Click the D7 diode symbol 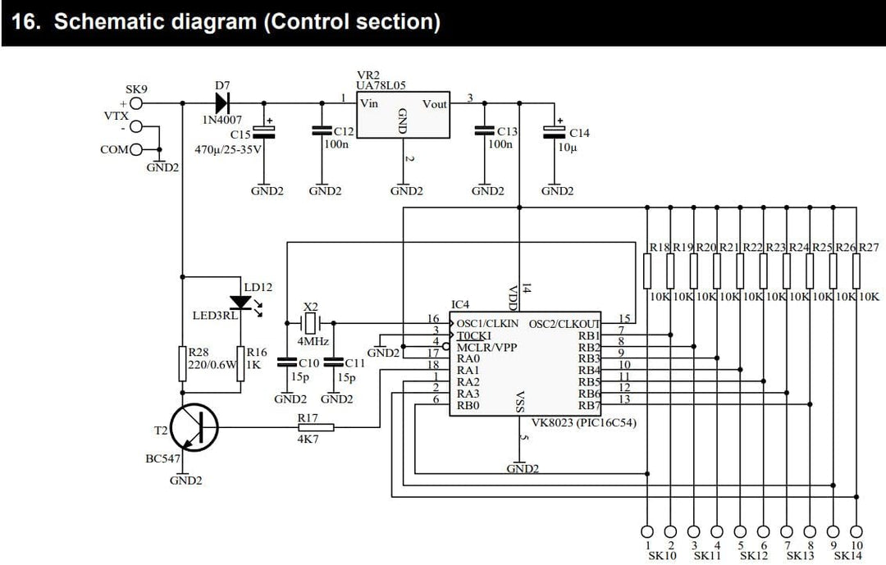tap(222, 103)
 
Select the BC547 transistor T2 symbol tap(194, 427)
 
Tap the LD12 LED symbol tap(241, 303)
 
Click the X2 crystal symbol tap(309, 323)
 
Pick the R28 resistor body tap(182, 364)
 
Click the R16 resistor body tap(240, 364)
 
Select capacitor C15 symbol tap(264, 132)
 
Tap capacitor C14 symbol tap(555, 132)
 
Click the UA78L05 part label tap(381, 85)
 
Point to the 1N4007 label tap(222, 120)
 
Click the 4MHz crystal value tap(313, 342)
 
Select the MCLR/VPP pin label tap(486, 347)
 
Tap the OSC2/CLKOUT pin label tap(564, 324)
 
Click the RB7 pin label tap(589, 405)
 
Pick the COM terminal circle tap(136, 150)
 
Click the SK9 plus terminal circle tap(136, 103)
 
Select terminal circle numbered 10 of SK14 tap(856, 531)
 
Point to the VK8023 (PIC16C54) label tap(584, 422)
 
